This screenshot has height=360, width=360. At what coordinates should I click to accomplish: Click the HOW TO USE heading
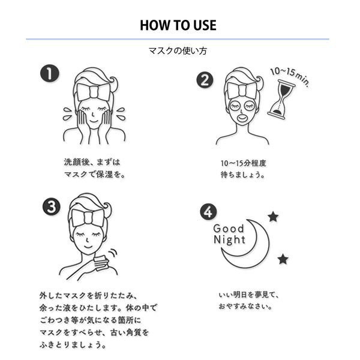click(x=178, y=25)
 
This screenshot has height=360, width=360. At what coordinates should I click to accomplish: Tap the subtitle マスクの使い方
click(x=178, y=52)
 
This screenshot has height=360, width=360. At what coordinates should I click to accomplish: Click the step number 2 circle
click(x=205, y=79)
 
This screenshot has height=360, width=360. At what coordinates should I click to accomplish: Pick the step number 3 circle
click(x=51, y=206)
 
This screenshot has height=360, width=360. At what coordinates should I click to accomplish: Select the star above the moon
click(x=273, y=217)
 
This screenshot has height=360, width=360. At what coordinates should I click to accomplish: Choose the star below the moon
click(x=283, y=259)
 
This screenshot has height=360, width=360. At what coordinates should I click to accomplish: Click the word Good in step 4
click(x=229, y=228)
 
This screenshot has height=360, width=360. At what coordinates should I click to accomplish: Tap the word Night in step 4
click(x=229, y=240)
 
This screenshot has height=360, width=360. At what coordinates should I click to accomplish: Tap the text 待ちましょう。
click(x=242, y=175)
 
